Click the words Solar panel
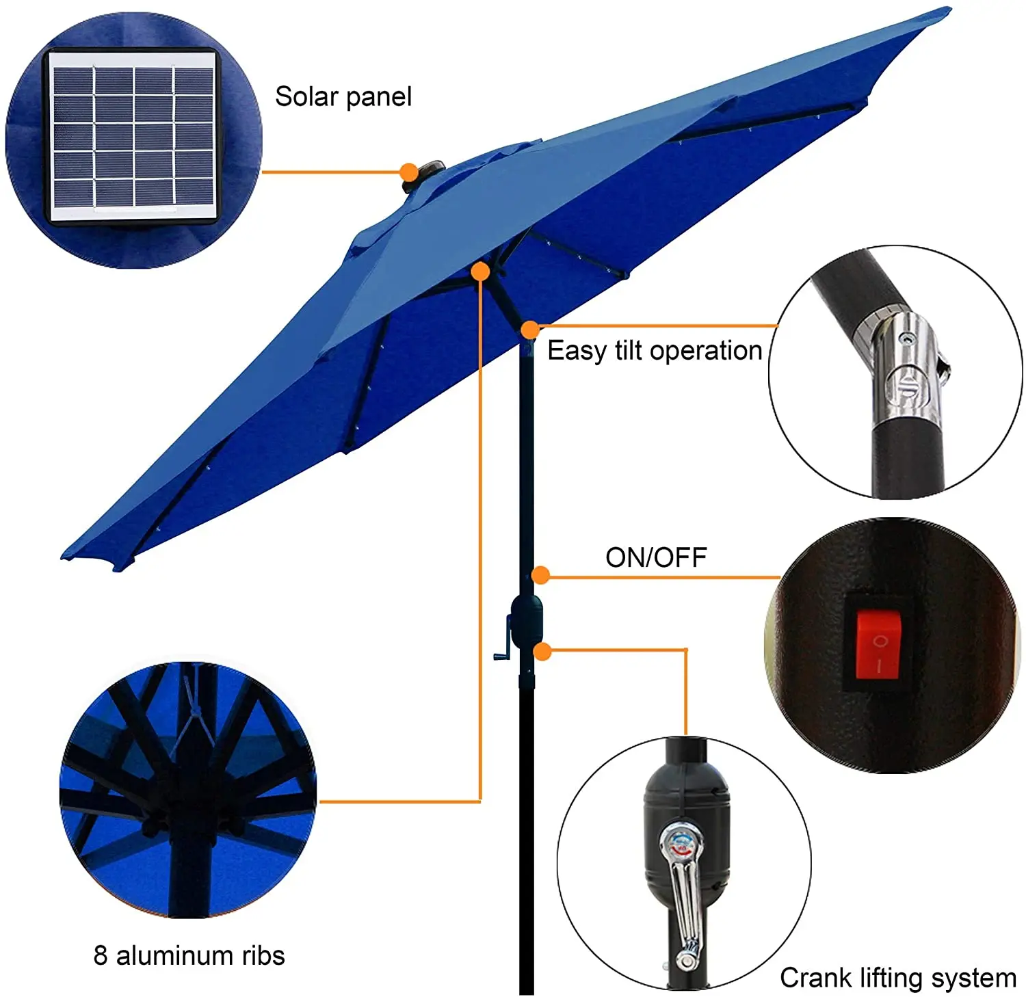coord(343,96)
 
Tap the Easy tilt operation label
coord(654,351)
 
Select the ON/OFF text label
coord(656,557)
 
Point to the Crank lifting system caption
coord(897,978)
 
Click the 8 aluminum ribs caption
coord(189,955)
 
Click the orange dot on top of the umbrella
coord(409,172)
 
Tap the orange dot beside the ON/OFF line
coord(540,575)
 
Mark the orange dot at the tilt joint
coord(529,330)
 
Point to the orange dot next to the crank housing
coord(542,651)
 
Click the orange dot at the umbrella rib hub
coord(481,271)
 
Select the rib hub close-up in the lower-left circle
coord(187,790)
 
